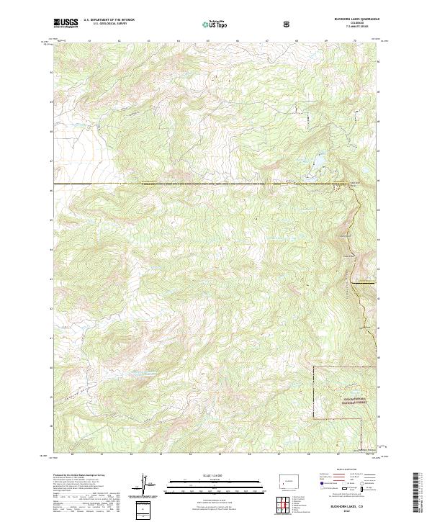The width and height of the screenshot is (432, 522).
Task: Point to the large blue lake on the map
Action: (x=315, y=166)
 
